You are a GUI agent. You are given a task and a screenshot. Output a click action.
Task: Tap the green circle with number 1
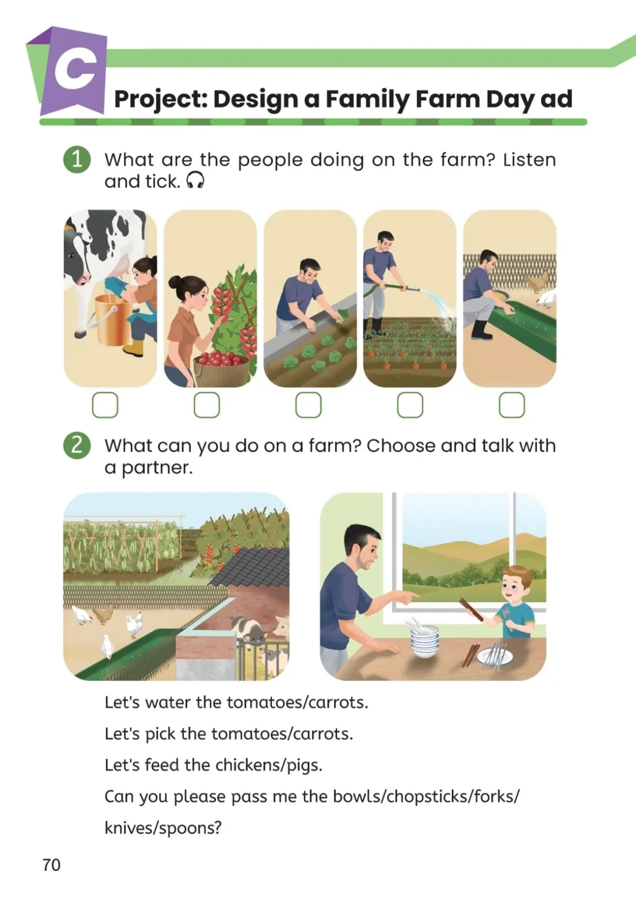coord(77,160)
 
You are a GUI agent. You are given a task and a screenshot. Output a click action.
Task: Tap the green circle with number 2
coord(77,446)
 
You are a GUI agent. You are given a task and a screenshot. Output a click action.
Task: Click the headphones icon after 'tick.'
coord(195,181)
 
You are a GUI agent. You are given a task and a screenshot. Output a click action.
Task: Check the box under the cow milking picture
coord(105,405)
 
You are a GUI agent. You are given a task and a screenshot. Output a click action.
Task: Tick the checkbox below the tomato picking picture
coord(207,405)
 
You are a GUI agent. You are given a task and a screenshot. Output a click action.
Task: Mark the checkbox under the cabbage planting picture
coord(309,405)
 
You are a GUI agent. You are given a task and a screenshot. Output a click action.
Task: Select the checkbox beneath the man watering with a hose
coord(410,405)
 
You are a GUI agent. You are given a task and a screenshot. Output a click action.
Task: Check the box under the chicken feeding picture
coord(512,405)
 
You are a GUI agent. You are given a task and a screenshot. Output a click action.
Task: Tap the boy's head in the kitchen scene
coord(516,583)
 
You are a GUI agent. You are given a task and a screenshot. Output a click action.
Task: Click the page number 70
coord(52,865)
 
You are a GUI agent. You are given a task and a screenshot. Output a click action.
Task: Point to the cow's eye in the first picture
coord(71,255)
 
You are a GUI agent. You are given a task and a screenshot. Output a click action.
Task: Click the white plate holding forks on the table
coord(495,657)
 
